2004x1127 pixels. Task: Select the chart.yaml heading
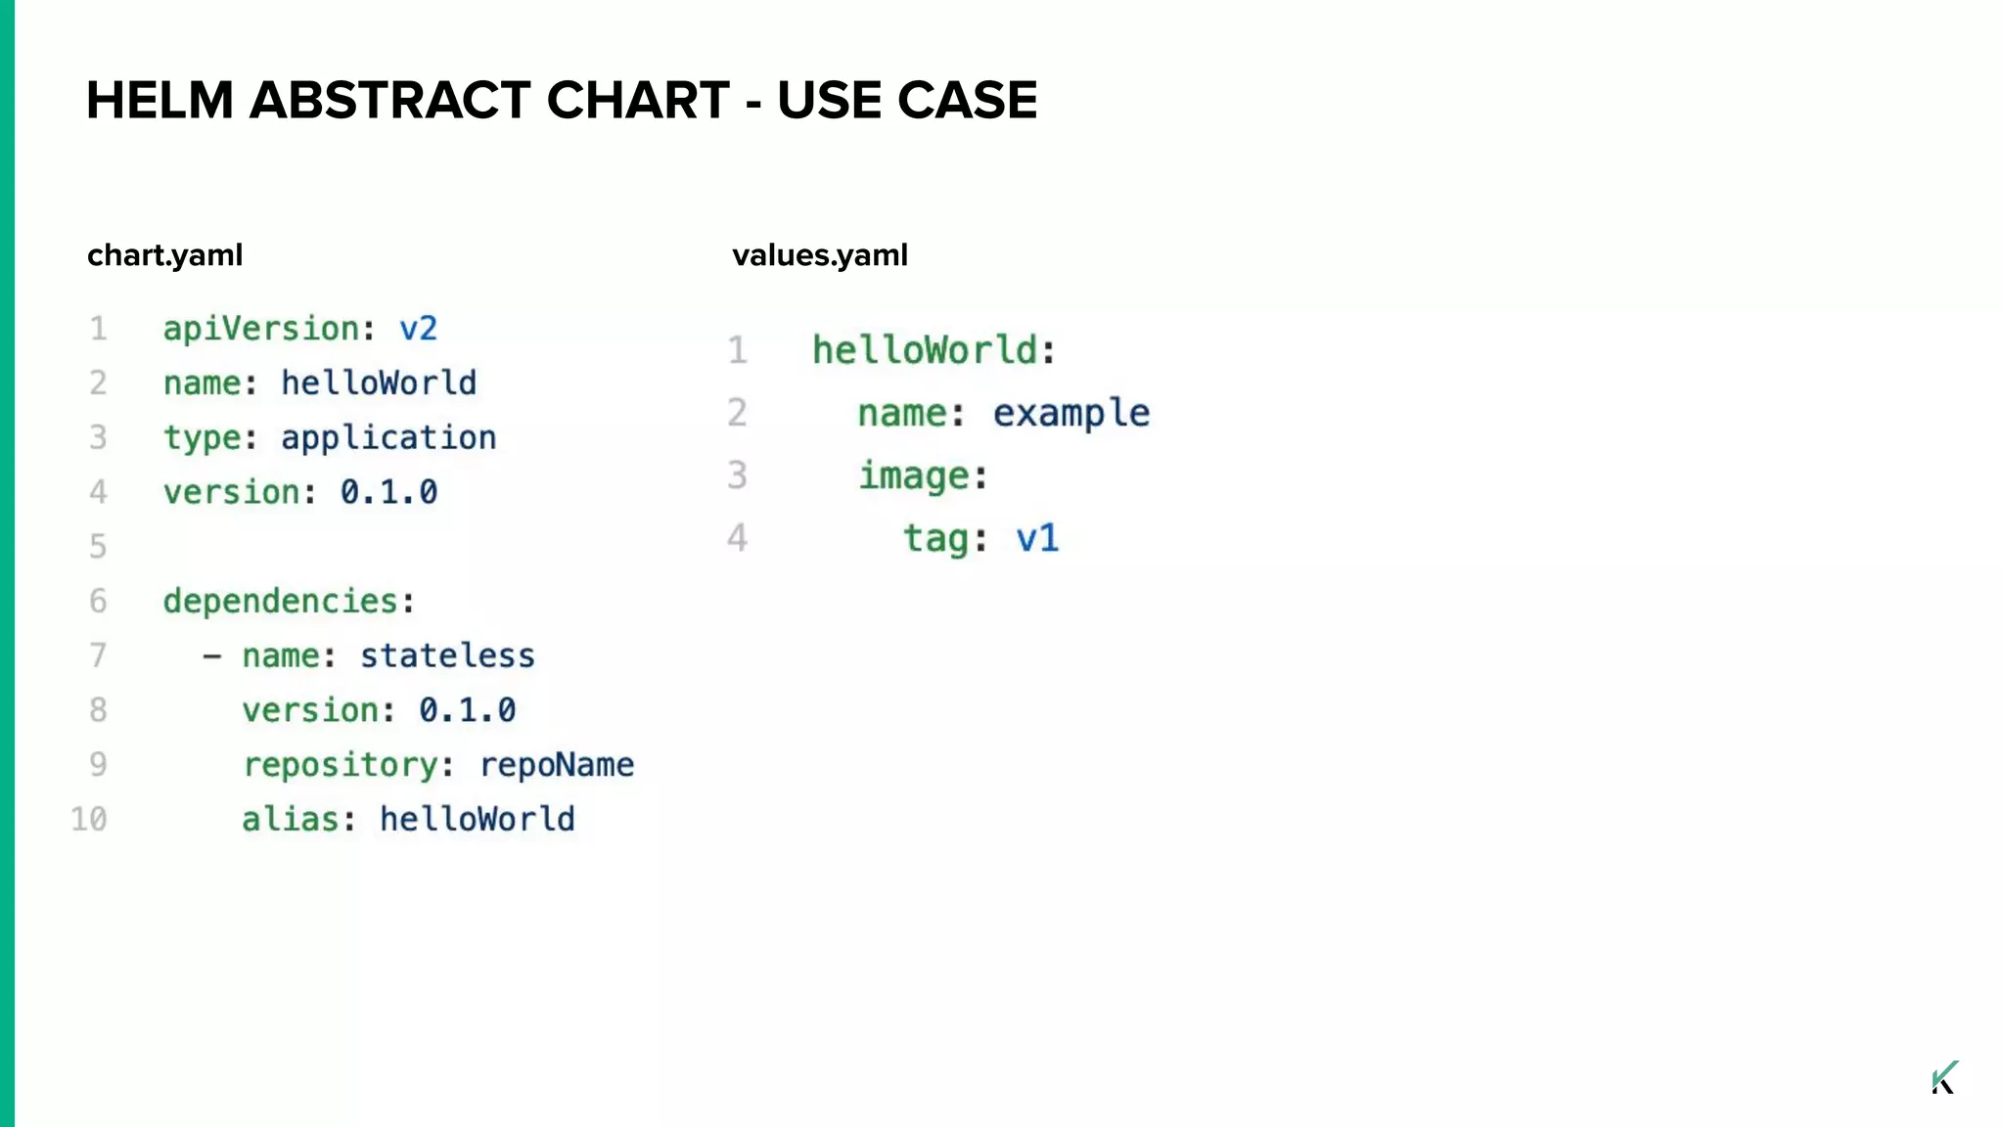coord(164,255)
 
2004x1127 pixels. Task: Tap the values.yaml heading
coord(819,255)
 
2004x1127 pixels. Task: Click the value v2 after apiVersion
coord(418,329)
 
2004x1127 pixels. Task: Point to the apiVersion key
coord(261,329)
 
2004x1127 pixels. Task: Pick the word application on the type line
coord(388,438)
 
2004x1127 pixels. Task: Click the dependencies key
coord(281,602)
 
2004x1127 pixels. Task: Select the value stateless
coord(447,655)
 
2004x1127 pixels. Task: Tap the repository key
coord(341,765)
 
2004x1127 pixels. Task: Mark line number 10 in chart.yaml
coord(88,820)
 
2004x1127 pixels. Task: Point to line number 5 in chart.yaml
coord(98,546)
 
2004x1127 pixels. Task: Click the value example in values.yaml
coord(1071,414)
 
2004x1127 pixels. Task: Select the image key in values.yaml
coord(915,476)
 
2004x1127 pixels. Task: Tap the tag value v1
coord(1037,539)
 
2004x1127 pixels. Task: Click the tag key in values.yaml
coord(936,539)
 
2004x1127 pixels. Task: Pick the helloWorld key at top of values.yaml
coord(926,350)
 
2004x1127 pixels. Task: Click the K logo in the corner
coord(1944,1077)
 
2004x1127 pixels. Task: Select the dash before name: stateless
coord(211,656)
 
